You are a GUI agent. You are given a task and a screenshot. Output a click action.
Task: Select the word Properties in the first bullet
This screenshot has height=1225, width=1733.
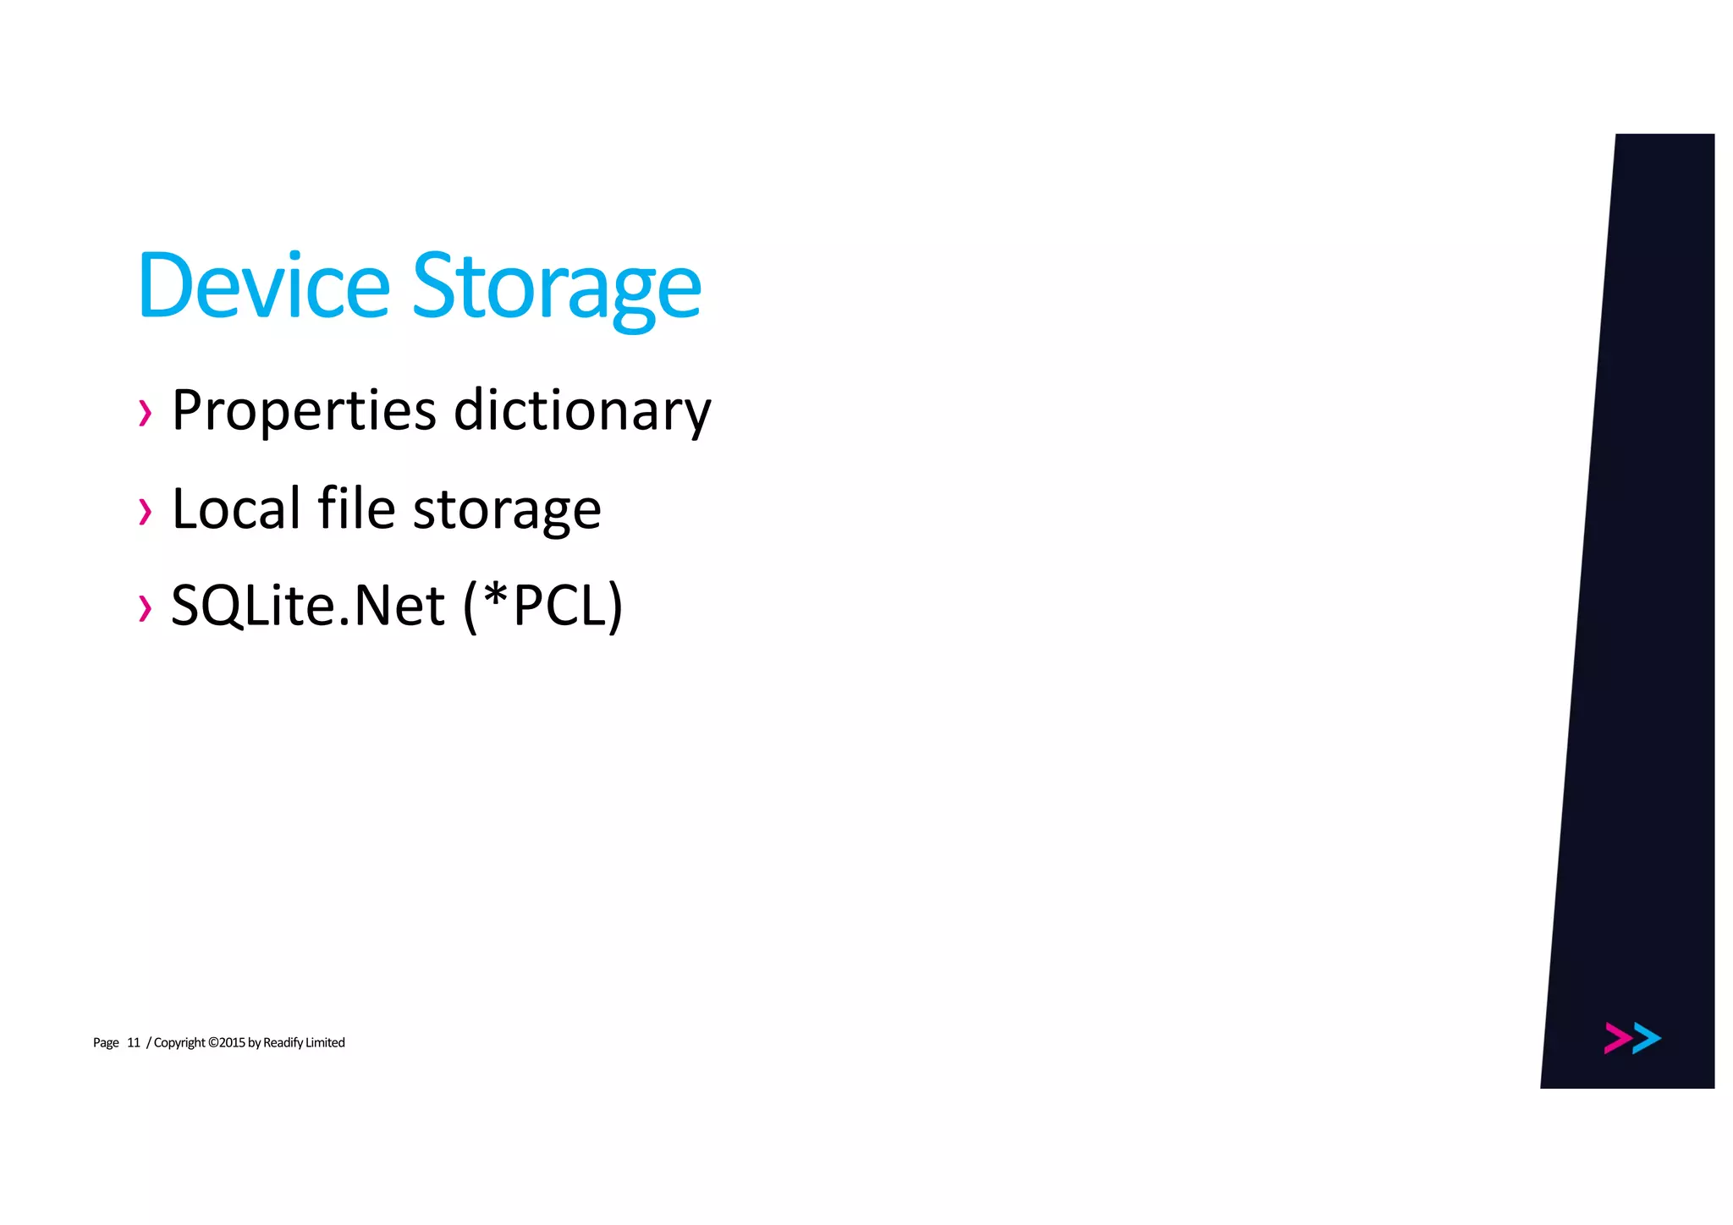coord(304,411)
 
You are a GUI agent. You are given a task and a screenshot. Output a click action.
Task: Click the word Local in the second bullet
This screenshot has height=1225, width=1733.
coord(236,508)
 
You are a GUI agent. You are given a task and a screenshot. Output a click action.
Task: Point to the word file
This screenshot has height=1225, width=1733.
coord(356,508)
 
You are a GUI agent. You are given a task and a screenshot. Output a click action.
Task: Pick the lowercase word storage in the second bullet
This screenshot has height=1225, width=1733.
coord(507,511)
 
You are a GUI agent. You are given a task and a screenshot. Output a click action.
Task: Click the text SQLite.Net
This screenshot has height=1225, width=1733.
coord(308,606)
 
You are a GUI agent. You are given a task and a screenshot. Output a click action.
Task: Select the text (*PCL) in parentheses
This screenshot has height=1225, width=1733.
coord(543,606)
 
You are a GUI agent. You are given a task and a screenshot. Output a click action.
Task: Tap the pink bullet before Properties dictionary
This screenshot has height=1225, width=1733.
coord(146,414)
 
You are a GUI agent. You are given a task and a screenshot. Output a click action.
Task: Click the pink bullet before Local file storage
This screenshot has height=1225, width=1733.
coord(146,512)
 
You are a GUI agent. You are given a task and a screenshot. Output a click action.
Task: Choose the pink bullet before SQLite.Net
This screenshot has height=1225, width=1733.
coord(146,608)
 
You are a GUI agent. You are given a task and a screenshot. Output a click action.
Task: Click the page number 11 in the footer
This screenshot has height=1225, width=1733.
coord(134,1042)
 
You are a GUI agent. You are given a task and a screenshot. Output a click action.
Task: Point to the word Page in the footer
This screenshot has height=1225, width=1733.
coord(106,1043)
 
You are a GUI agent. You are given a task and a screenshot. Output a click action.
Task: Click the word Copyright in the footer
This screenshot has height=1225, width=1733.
coord(179,1043)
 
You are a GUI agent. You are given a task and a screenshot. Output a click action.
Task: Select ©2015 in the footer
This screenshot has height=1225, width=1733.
coord(226,1042)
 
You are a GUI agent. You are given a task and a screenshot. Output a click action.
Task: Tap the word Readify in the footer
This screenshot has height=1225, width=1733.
coord(283,1043)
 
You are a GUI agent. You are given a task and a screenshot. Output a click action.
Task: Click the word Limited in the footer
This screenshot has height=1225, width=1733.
coord(325,1042)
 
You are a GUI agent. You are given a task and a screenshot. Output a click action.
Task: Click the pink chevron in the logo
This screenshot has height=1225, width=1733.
coord(1617,1038)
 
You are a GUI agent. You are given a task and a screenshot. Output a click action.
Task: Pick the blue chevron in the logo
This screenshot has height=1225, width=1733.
coord(1647,1038)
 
